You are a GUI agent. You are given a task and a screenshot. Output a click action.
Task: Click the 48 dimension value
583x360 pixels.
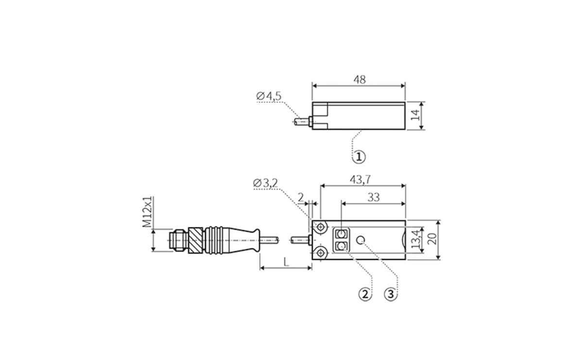click(360, 79)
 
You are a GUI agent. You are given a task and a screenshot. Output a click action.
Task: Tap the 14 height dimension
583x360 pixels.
click(414, 116)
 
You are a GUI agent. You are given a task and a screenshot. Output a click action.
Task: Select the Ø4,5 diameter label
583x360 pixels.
click(269, 96)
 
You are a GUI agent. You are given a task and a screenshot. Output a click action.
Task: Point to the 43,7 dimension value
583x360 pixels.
click(360, 179)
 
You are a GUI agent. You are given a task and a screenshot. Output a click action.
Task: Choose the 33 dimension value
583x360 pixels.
click(373, 197)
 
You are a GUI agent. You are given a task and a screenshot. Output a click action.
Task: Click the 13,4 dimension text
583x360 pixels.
click(414, 240)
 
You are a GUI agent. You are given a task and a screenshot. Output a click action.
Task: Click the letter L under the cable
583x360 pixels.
click(286, 262)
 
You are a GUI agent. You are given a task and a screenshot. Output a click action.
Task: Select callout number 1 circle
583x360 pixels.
click(359, 157)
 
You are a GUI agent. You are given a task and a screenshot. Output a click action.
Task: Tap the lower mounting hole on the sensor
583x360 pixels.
click(321, 252)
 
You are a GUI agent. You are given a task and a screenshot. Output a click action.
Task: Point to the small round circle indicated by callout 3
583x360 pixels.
click(360, 240)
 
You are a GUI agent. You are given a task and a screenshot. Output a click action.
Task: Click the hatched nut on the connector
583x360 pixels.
click(195, 240)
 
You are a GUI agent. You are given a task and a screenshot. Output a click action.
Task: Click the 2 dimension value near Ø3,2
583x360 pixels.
click(301, 197)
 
